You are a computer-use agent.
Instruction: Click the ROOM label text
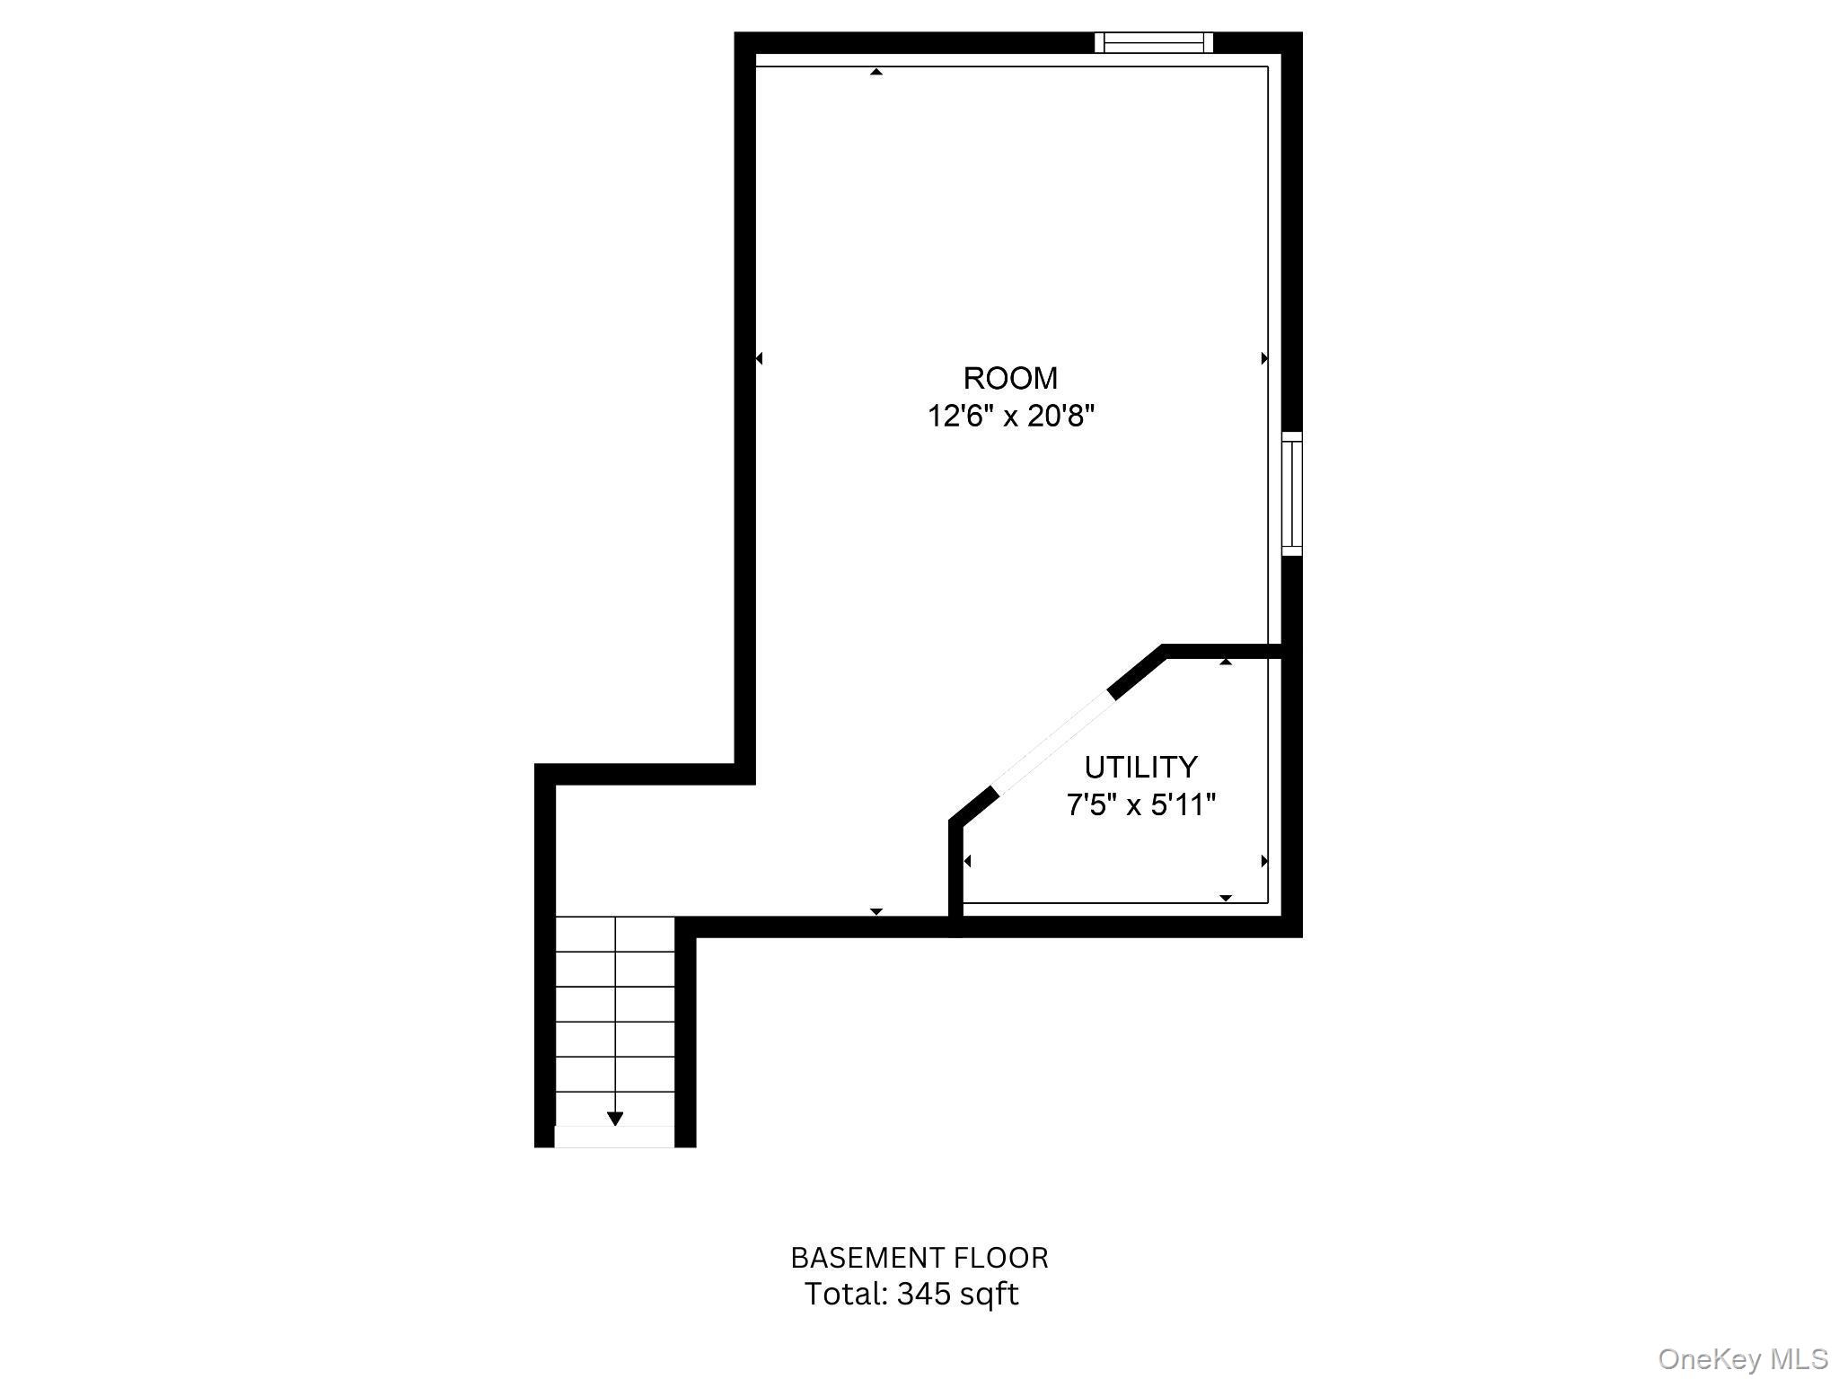coord(1010,378)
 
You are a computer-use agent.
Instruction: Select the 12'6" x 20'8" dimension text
coord(1011,417)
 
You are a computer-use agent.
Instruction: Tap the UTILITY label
coord(1140,767)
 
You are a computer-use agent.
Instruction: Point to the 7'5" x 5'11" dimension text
coord(1140,805)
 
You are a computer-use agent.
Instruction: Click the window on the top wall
coord(1154,42)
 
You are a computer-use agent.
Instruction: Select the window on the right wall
coord(1291,494)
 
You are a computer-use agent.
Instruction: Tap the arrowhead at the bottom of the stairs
coord(615,1119)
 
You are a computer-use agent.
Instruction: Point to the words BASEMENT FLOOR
coord(919,1258)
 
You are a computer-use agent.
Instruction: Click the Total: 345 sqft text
coord(911,1294)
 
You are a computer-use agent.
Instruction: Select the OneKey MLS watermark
coord(1743,1358)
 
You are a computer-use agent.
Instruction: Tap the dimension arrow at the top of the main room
coord(876,72)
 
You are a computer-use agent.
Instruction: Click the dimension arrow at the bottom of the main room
coord(876,911)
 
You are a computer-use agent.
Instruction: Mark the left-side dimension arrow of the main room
coord(759,358)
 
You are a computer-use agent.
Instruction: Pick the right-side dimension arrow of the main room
coord(1264,358)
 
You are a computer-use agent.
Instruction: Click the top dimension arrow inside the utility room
coord(1226,662)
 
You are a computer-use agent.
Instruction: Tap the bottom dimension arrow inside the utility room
coord(1226,898)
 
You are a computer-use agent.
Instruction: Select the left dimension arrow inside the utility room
coord(967,861)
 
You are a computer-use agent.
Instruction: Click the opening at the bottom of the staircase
coord(614,1137)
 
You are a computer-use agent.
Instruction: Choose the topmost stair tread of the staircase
coord(615,934)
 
